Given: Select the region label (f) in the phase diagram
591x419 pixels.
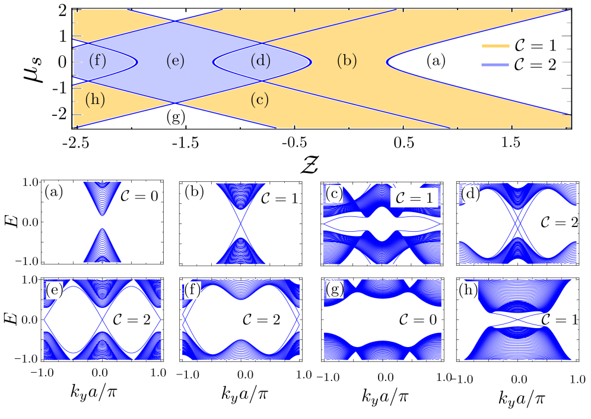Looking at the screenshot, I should (x=97, y=61).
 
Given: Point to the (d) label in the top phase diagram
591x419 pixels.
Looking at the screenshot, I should (x=260, y=61).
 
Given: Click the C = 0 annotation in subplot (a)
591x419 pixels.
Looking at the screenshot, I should (x=139, y=197).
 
